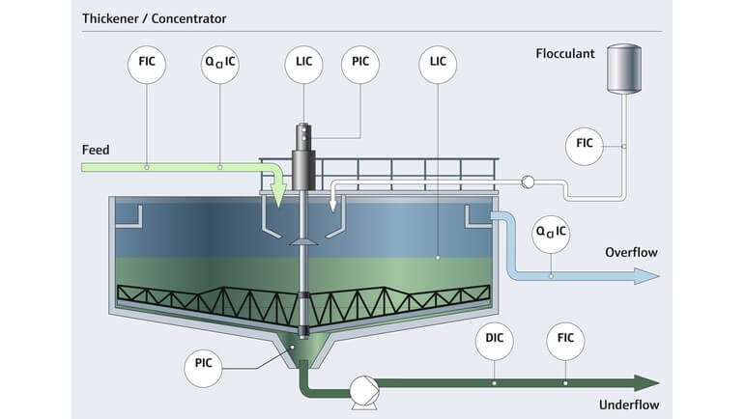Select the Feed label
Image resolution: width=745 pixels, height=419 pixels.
[96, 150]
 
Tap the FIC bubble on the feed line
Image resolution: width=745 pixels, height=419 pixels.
[147, 65]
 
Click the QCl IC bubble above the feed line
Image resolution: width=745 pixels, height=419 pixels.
[220, 65]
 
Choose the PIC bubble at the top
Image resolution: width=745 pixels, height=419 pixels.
[360, 65]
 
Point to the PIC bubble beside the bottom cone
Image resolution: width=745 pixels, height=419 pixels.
[204, 365]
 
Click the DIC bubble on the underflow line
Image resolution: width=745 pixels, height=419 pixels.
[495, 339]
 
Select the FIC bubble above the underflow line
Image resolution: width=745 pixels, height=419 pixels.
[565, 339]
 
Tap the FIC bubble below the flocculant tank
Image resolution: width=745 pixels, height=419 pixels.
[584, 144]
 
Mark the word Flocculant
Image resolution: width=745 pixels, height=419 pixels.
[565, 53]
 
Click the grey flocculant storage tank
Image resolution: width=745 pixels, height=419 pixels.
[624, 66]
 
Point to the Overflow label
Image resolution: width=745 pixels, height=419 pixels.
[631, 252]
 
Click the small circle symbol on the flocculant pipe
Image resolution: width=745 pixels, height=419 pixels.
[528, 182]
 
